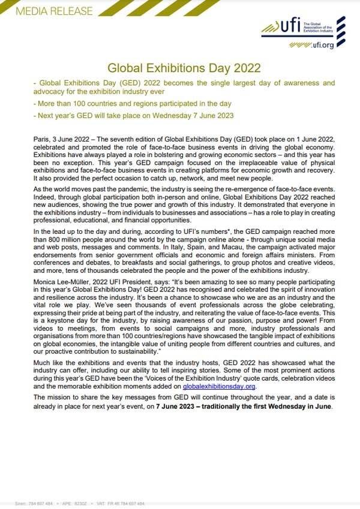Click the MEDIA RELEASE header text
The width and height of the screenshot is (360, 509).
coord(47,11)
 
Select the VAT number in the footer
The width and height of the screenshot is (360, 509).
coord(125,503)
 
